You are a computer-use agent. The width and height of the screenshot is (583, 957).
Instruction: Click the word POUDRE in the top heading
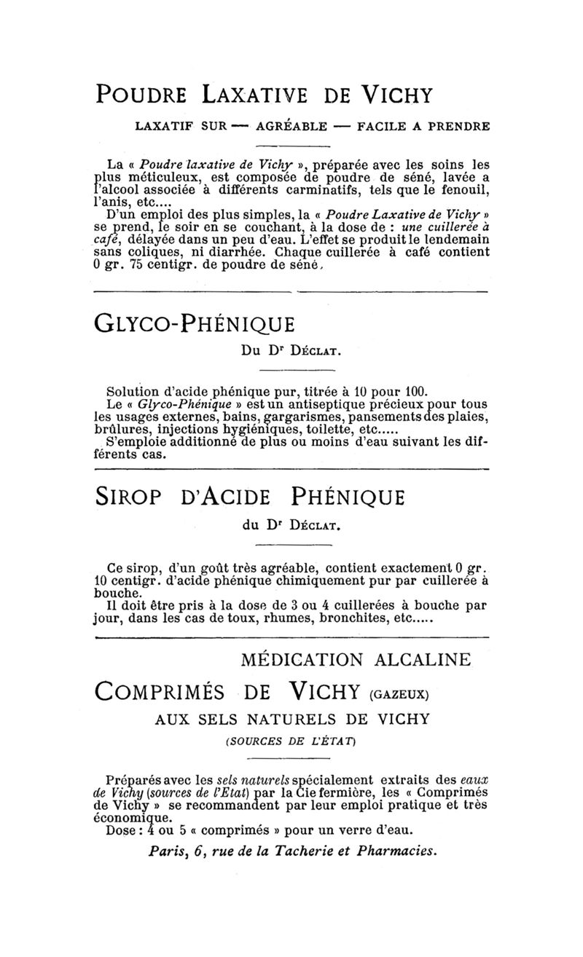click(143, 95)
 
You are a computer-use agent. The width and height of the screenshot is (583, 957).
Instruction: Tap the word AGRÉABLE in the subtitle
click(291, 126)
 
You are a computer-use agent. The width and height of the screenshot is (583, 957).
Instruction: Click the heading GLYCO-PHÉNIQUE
click(194, 323)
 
